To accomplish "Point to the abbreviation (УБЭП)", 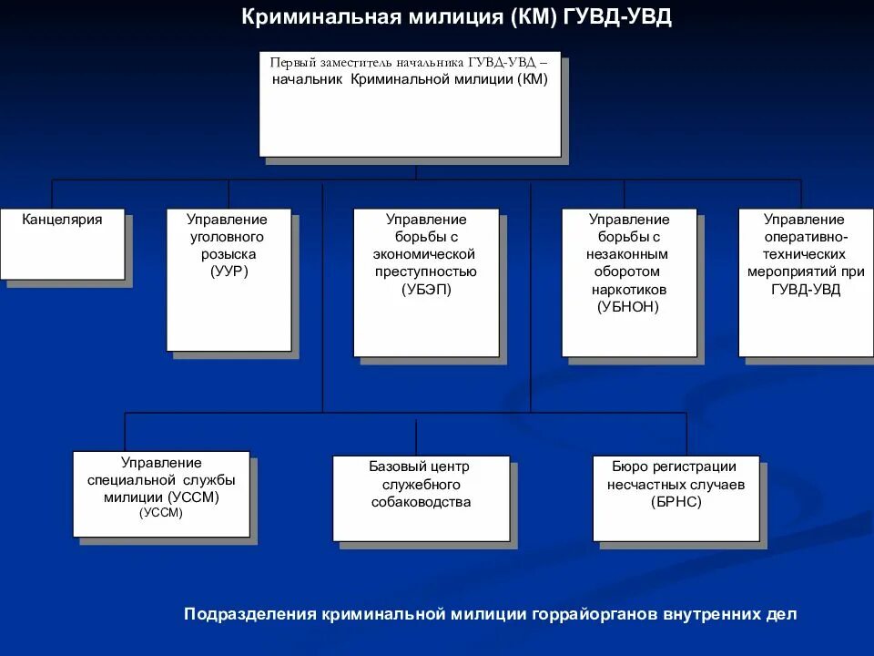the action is [425, 289].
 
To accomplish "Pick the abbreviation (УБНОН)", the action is [628, 306].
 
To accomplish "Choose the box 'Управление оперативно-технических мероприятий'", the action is [805, 282].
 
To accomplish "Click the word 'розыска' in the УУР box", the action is [228, 254].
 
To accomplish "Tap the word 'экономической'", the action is [425, 254].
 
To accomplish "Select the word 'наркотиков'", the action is [628, 289].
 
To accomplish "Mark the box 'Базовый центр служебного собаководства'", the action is [421, 497].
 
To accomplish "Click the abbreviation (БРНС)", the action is [676, 502].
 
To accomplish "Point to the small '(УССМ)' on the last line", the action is [161, 513].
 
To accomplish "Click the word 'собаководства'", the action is [421, 502].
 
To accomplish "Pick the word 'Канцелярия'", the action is [62, 220].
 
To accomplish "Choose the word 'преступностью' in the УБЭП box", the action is [425, 272].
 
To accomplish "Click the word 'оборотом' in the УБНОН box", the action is [628, 272].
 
